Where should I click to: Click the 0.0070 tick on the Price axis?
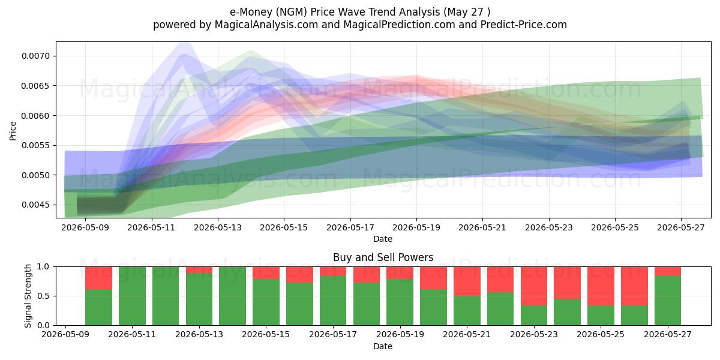point(35,56)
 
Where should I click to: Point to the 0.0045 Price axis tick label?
point(35,205)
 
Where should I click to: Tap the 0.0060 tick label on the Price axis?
point(35,116)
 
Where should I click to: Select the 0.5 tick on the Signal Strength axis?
point(43,296)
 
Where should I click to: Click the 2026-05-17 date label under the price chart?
point(350,228)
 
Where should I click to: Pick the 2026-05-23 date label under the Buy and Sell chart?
point(534,335)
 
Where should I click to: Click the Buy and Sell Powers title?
point(383,257)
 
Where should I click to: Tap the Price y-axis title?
point(13,131)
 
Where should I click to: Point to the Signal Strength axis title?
point(28,296)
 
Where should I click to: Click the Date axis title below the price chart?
point(383,239)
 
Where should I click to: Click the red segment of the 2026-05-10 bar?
point(98,278)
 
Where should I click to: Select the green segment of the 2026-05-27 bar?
point(668,301)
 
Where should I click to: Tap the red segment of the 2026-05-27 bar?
point(668,271)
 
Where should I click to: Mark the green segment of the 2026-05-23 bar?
point(534,316)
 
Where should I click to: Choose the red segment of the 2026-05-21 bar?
point(467,281)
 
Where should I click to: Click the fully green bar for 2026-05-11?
point(132,296)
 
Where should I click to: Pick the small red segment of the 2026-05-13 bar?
point(199,270)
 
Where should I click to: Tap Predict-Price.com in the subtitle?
point(524,25)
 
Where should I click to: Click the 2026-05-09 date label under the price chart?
point(85,228)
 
